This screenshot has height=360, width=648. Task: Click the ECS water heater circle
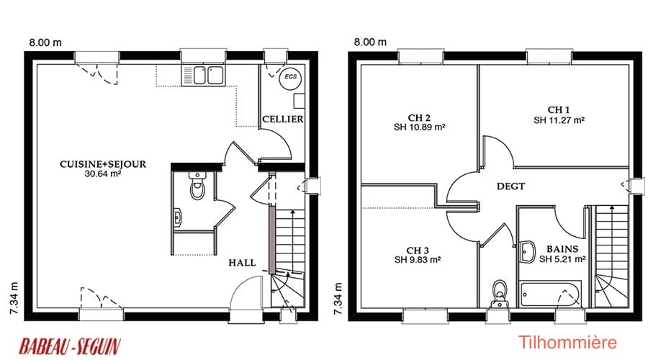click(x=290, y=77)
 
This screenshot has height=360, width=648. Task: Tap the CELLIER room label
click(x=283, y=119)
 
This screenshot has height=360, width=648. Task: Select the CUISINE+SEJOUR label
click(x=103, y=164)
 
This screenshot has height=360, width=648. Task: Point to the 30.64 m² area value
click(x=103, y=174)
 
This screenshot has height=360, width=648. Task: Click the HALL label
click(x=242, y=263)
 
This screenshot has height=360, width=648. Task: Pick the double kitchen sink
click(x=203, y=76)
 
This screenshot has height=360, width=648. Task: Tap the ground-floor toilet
click(x=197, y=186)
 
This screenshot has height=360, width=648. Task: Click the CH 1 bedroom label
click(x=559, y=110)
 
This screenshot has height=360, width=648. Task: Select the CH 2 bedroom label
click(x=419, y=118)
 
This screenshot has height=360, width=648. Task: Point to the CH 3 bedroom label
click(x=418, y=251)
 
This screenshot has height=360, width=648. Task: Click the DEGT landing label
click(x=510, y=186)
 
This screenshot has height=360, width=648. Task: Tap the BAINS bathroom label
click(x=562, y=249)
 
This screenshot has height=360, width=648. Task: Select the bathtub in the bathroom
click(x=551, y=294)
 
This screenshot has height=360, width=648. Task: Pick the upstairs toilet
click(x=500, y=294)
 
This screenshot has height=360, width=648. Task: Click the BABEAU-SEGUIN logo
click(x=70, y=346)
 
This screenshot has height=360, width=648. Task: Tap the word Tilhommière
click(x=567, y=342)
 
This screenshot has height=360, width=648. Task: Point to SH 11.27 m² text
click(x=559, y=120)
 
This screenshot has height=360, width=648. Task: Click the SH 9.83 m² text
click(x=418, y=260)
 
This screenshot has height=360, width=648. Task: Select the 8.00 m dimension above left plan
click(x=45, y=42)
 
